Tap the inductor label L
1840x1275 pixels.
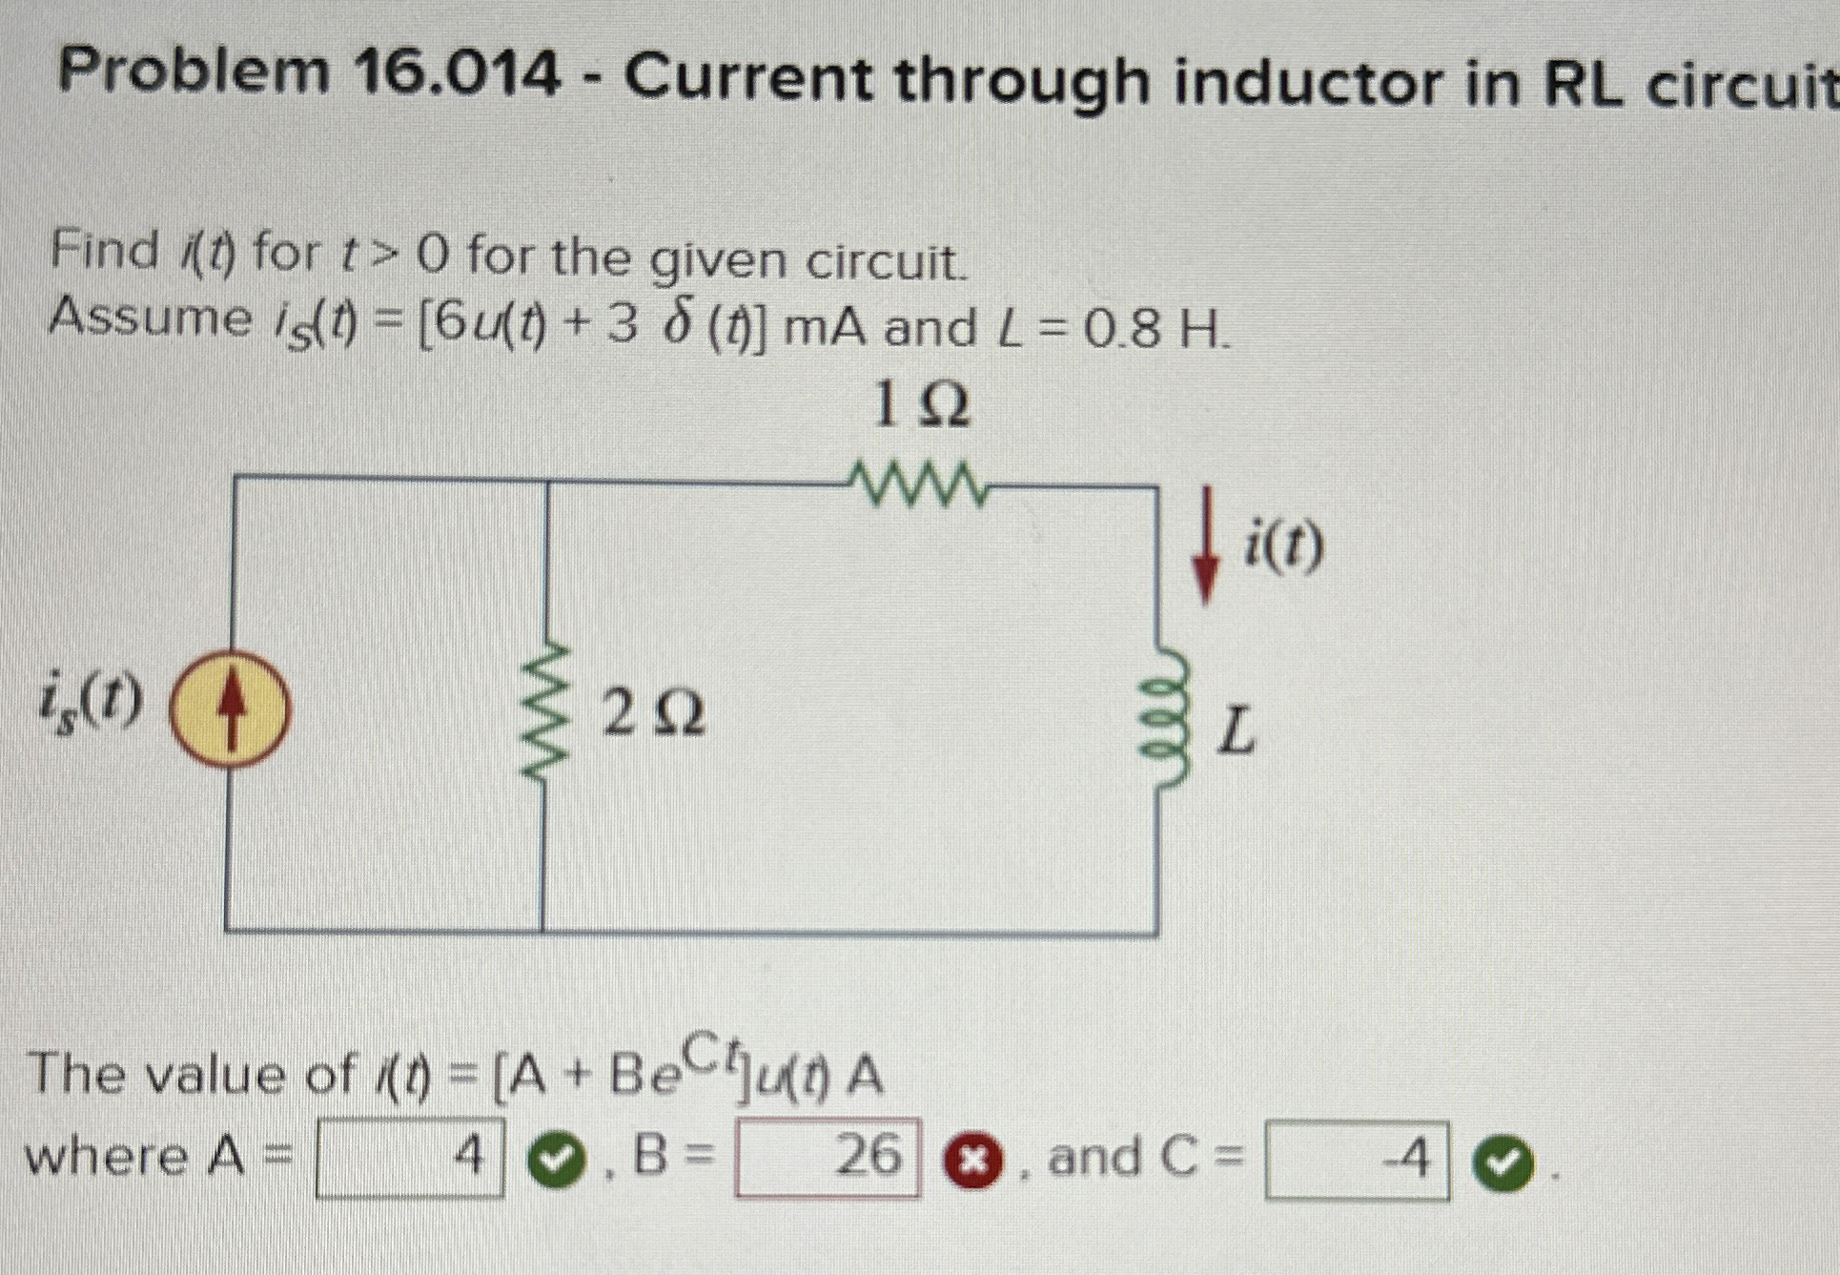tap(1237, 731)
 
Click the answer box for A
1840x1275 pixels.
tap(410, 1160)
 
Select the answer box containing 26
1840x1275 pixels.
tap(828, 1158)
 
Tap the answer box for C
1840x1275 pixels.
tap(1357, 1161)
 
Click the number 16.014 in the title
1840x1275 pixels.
tap(458, 76)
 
